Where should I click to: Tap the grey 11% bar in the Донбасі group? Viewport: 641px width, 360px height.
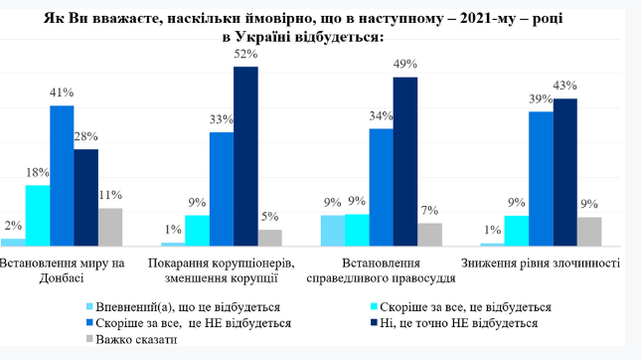pos(110,227)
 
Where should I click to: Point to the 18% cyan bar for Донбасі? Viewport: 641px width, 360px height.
pos(38,215)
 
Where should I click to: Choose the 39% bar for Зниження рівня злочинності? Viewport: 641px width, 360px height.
pos(541,178)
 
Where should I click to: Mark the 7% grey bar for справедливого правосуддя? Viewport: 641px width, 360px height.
pos(429,234)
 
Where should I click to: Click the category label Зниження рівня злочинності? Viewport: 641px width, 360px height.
pos(541,265)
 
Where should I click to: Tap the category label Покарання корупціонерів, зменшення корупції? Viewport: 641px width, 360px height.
pos(222,271)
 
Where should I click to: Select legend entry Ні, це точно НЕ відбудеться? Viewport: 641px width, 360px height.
pos(457,323)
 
